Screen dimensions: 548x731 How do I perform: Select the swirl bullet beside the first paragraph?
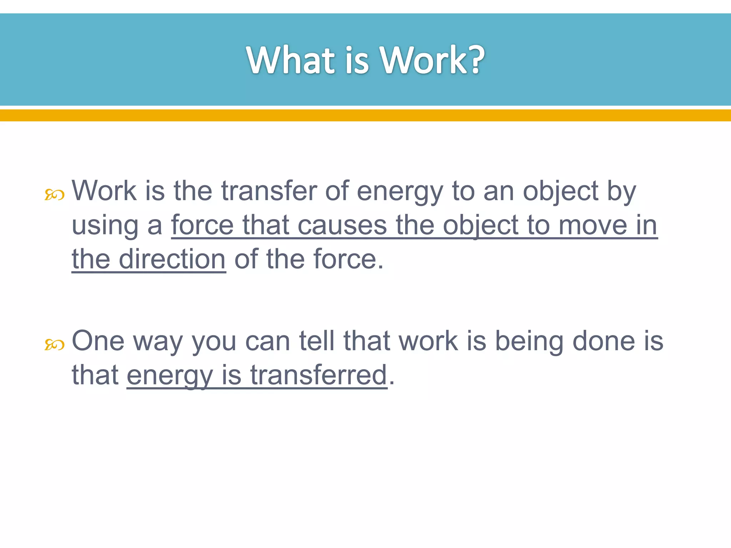tap(54, 195)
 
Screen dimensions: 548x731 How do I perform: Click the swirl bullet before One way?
tap(54, 345)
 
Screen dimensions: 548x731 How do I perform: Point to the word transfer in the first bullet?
tap(268, 191)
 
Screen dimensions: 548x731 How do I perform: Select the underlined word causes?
tap(342, 225)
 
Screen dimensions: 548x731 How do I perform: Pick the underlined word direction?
tap(172, 259)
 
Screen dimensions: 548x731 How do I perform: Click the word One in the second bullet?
tap(98, 341)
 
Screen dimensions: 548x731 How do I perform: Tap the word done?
tap(604, 341)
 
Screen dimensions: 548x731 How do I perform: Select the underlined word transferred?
tap(318, 375)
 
